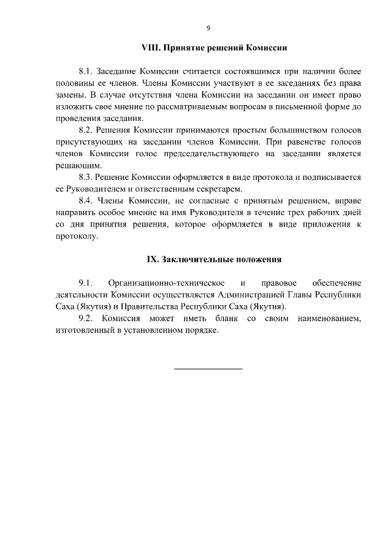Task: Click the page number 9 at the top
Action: [208, 28]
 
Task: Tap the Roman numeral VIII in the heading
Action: [150, 46]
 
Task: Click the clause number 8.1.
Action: [88, 70]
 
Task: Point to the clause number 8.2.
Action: [88, 130]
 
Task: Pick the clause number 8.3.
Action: [88, 177]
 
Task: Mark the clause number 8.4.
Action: [88, 201]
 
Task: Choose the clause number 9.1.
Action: [85, 283]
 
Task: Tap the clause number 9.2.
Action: [86, 318]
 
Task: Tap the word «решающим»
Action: [69, 166]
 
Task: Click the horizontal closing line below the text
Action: [208, 368]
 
